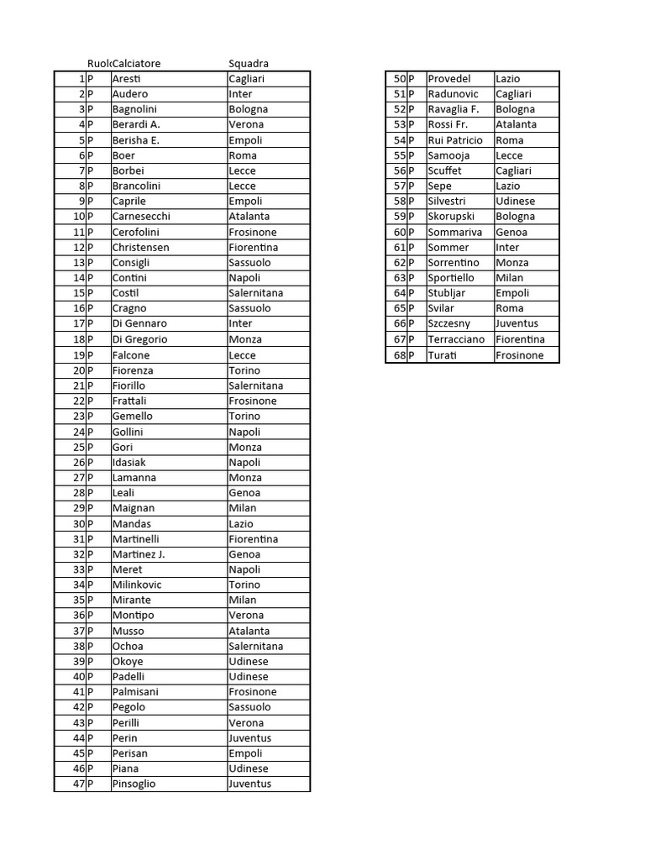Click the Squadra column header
coord(249,64)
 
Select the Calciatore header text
coord(137,64)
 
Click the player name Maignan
coord(134,508)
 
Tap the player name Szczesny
coord(449,323)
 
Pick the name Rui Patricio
coord(455,140)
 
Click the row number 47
coord(79,784)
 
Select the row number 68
coord(400,355)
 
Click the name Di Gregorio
coord(139,339)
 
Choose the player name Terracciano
coord(456,339)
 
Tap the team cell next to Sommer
coord(507,248)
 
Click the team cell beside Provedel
coord(508,79)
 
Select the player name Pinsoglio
coord(134,784)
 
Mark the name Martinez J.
coord(139,554)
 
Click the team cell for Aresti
coord(247,79)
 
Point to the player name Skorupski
coord(451,217)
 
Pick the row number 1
coord(81,79)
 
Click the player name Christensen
coord(141,248)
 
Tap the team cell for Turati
coord(519,355)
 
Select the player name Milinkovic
coord(137,585)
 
